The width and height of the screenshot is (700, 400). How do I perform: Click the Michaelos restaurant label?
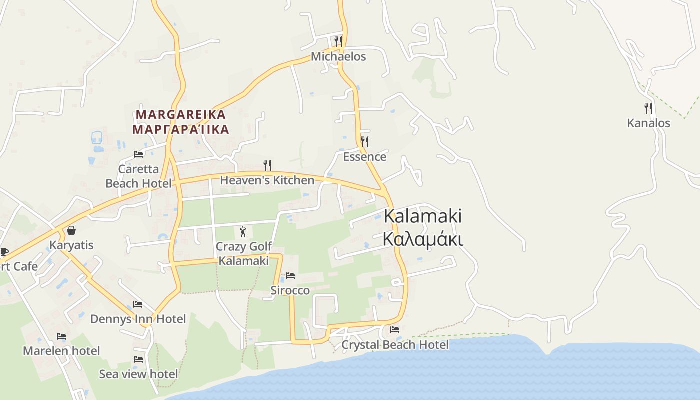click(338, 57)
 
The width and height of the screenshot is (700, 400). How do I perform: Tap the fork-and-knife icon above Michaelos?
click(338, 41)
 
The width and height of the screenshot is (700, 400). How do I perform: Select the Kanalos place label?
click(648, 123)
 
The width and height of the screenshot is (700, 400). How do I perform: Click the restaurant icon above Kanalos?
click(648, 108)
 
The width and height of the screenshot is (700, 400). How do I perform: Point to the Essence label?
click(364, 157)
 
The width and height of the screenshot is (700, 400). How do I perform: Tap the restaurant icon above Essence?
click(365, 142)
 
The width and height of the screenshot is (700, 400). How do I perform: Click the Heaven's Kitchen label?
click(267, 180)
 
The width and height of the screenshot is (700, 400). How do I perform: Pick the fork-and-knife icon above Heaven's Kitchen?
click(267, 165)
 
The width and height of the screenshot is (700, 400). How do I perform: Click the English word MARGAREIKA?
click(181, 114)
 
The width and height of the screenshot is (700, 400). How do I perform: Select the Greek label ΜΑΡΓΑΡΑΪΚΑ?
click(181, 130)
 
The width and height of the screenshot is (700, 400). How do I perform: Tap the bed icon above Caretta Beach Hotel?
click(138, 154)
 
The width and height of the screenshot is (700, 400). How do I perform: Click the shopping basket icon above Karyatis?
click(71, 230)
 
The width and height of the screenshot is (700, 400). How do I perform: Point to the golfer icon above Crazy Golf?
click(243, 231)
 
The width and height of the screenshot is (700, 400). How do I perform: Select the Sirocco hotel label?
click(290, 290)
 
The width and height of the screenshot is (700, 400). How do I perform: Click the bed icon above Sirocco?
click(290, 275)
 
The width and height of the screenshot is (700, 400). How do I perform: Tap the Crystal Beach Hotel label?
click(395, 345)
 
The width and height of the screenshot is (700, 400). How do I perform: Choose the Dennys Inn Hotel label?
click(138, 319)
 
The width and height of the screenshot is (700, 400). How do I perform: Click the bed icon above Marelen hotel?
click(61, 336)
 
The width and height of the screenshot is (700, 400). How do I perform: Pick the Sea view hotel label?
click(138, 374)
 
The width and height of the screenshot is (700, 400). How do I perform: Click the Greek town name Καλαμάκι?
click(423, 239)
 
